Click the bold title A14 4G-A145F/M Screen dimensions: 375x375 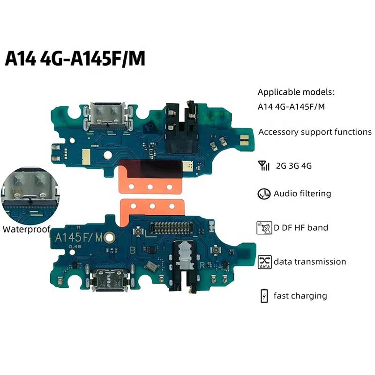pyautogui.click(x=75, y=60)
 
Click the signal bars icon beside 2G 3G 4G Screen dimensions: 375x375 pyautogui.click(x=263, y=165)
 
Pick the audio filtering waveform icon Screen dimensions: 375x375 pyautogui.click(x=263, y=194)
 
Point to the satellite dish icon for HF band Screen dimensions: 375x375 pyautogui.click(x=264, y=228)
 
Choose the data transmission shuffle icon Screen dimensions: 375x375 pyautogui.click(x=264, y=262)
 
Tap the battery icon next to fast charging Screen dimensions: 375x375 pyautogui.click(x=264, y=296)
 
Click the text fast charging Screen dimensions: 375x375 pyautogui.click(x=300, y=296)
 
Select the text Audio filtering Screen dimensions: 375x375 pyautogui.click(x=302, y=194)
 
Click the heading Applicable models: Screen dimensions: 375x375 pyautogui.click(x=297, y=92)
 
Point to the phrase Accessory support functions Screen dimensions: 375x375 pyautogui.click(x=315, y=132)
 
